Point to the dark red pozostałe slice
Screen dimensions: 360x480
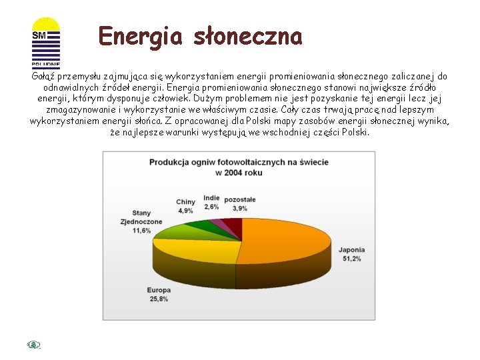[x=233, y=225]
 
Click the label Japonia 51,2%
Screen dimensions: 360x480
[x=351, y=254]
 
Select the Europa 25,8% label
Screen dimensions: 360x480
[x=159, y=294]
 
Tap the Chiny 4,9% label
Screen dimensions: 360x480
[x=185, y=206]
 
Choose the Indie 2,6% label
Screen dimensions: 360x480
[x=211, y=202]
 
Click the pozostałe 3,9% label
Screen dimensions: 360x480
[x=240, y=203]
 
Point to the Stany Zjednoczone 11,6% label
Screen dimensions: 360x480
[x=141, y=221]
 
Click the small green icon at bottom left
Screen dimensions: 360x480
[x=34, y=344]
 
